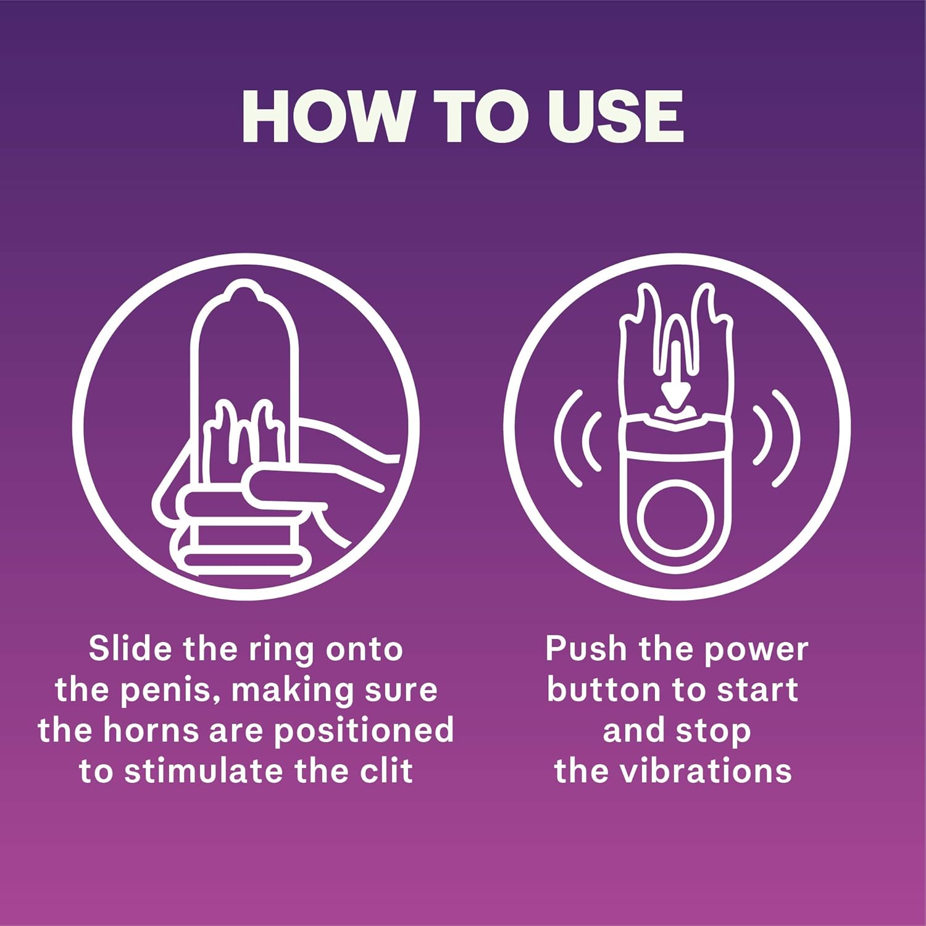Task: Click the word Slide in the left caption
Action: click(130, 649)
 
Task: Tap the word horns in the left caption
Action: click(151, 730)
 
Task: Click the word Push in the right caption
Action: click(585, 649)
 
